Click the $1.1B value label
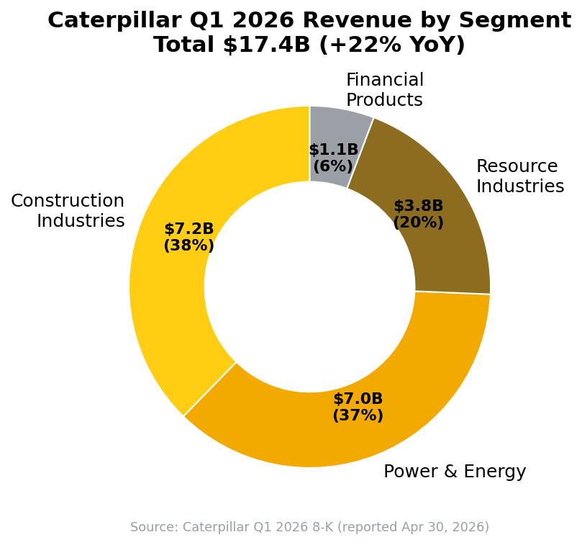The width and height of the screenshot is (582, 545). pos(334,149)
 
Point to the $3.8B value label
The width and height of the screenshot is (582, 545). pos(418,205)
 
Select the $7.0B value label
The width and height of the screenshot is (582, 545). pos(358,398)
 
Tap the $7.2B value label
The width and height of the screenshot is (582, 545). pos(189,228)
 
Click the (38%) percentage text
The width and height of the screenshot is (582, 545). pos(189,246)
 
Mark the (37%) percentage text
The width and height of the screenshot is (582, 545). pos(358,415)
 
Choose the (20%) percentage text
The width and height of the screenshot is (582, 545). pos(418,222)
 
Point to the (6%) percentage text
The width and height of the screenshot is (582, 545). pos(333,166)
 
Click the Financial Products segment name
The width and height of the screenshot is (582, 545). pos(385,89)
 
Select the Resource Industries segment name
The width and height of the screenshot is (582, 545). pos(520,176)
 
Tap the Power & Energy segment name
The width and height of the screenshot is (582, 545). pos(455,471)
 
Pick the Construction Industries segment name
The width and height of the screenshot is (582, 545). pos(68,210)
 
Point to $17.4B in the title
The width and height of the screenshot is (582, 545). pos(266,45)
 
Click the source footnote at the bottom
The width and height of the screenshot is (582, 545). pos(309,527)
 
